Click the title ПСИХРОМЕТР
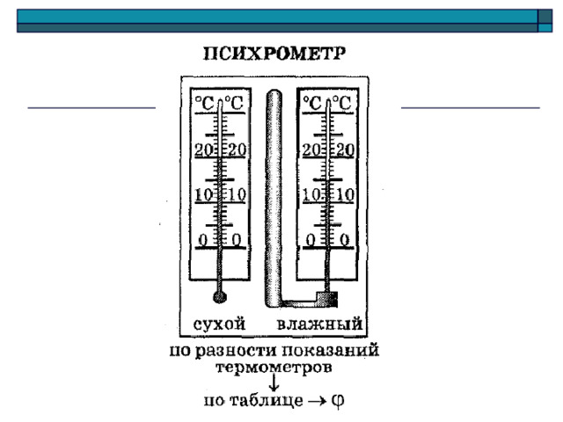[274, 54]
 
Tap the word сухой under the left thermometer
[219, 324]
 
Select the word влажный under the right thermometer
[319, 324]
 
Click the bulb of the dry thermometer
[220, 297]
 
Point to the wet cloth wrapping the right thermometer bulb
[326, 299]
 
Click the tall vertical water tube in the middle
[274, 197]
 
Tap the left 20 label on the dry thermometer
[204, 149]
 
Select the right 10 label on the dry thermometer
[237, 195]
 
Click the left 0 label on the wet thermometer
[311, 240]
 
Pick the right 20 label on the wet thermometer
[345, 150]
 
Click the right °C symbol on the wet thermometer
[341, 103]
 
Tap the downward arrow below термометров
[274, 382]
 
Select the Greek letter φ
[338, 400]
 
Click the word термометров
[274, 367]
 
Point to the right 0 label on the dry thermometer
[237, 240]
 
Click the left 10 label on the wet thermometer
[311, 195]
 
